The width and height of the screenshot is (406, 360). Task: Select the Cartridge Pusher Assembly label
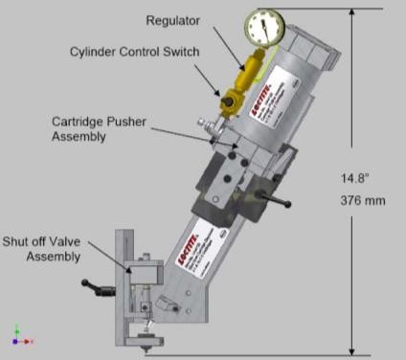[90, 128]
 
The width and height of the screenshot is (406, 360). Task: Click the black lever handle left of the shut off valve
[95, 284]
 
